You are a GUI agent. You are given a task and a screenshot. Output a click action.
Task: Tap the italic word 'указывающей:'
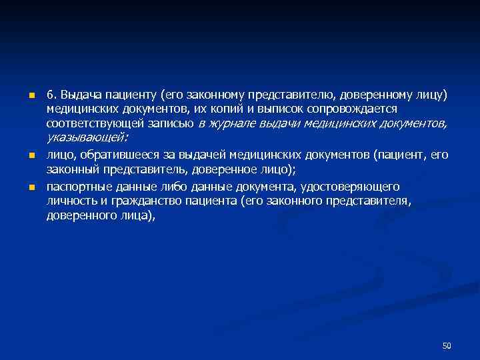click(x=87, y=137)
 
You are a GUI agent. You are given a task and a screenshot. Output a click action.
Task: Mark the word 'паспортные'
click(x=77, y=186)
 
